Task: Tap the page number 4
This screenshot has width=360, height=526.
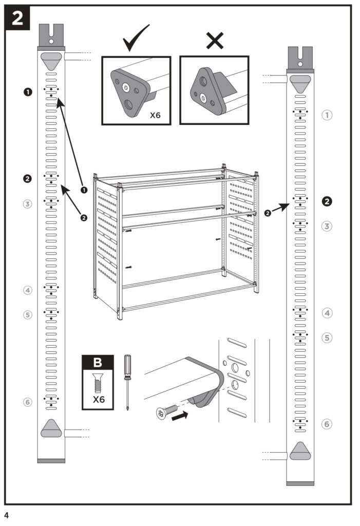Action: (x=7, y=515)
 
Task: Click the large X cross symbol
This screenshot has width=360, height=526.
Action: (x=215, y=40)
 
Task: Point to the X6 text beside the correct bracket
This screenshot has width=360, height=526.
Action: (x=155, y=115)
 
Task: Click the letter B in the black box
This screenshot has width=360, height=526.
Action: (x=98, y=363)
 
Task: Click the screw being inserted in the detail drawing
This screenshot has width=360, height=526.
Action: (x=168, y=411)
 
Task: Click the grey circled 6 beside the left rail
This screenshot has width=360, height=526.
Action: (x=28, y=402)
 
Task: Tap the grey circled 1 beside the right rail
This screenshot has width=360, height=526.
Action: (x=327, y=115)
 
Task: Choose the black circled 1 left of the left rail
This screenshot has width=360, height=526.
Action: (x=28, y=92)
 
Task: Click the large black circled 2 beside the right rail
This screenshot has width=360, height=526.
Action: (x=327, y=201)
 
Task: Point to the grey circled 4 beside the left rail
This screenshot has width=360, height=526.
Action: (x=28, y=290)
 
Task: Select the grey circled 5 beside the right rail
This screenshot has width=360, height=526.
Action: (x=327, y=337)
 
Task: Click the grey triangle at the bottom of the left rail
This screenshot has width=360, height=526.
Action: (x=51, y=428)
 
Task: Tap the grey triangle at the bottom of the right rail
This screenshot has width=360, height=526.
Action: (x=300, y=451)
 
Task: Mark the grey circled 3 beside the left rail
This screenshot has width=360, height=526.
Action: (x=28, y=204)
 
